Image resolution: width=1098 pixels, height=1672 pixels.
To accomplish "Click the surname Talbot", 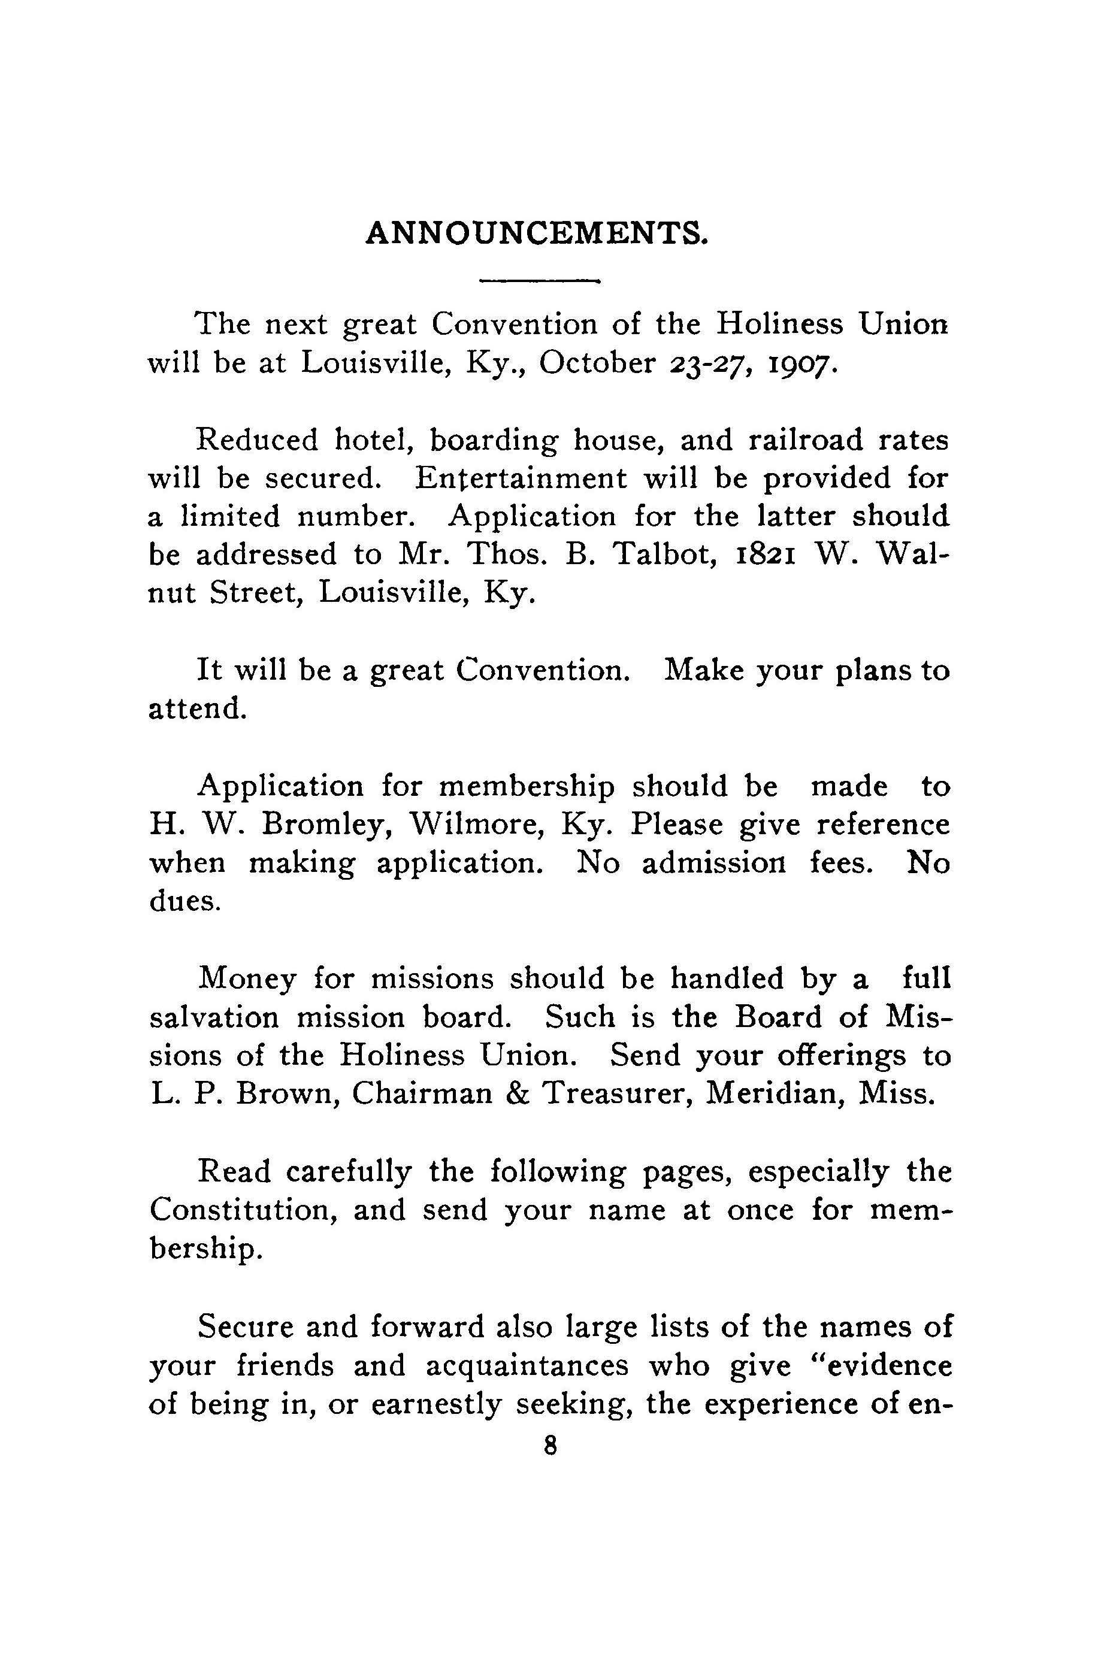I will pyautogui.click(x=658, y=555).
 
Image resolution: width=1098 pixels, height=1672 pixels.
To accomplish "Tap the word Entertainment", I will pyautogui.click(x=521, y=479).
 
